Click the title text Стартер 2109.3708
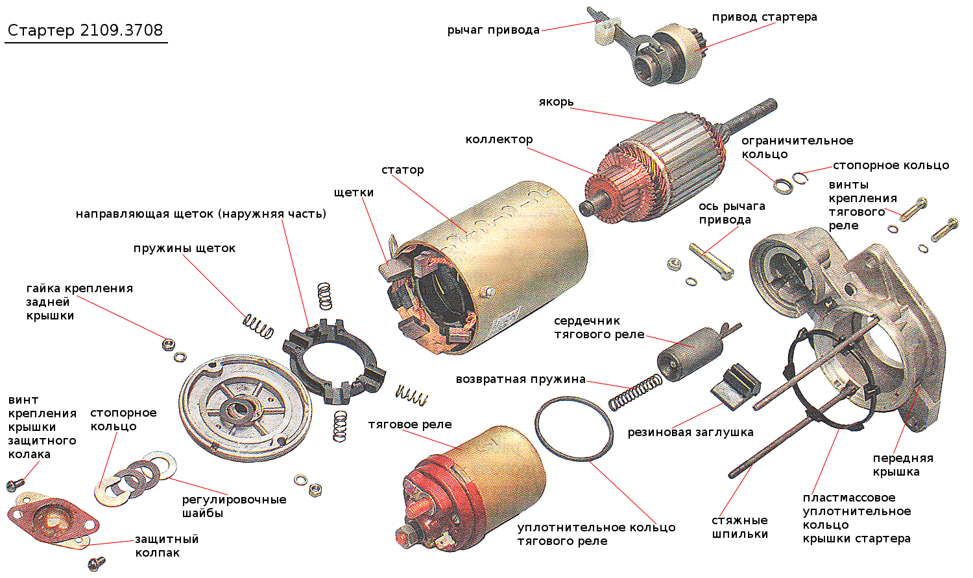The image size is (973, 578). (85, 30)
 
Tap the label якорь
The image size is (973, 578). (556, 102)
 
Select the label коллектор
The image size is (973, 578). (499, 139)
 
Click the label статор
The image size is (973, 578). (402, 170)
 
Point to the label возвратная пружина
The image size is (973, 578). (520, 379)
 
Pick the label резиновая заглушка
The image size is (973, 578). (690, 432)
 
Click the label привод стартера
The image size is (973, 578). (764, 17)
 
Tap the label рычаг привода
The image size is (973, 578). (493, 30)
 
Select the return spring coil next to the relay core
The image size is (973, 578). (634, 393)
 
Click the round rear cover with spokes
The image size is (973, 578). (245, 405)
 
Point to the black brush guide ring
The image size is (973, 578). (333, 359)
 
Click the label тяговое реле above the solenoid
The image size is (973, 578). (410, 425)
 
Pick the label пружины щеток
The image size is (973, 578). (184, 248)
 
